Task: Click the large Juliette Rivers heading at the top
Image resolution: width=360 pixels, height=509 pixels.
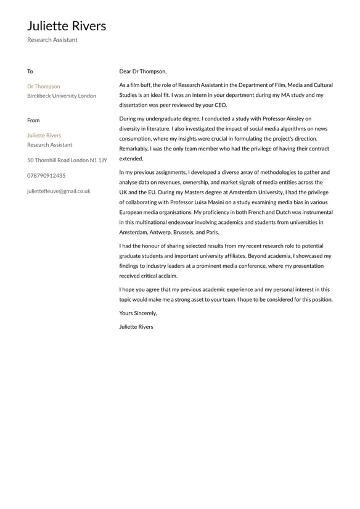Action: tap(67, 26)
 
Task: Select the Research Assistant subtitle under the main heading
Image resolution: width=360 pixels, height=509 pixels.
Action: tap(52, 40)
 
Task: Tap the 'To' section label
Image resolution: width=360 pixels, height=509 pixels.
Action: tap(30, 72)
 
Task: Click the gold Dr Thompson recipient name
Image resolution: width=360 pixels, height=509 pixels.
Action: tap(44, 86)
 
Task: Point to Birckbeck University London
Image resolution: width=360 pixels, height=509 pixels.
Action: tap(62, 96)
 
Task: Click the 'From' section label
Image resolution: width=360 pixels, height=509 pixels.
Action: tap(33, 120)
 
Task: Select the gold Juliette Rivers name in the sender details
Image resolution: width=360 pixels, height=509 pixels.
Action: tap(44, 135)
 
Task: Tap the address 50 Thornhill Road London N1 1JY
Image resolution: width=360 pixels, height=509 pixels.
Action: tap(67, 160)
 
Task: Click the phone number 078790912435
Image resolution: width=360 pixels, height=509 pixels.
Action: tap(46, 176)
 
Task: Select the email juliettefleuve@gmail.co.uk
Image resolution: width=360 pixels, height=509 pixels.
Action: tap(59, 191)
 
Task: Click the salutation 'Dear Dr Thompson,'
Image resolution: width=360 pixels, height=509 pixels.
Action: tap(143, 72)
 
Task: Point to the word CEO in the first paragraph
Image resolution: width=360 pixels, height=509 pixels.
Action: tap(220, 105)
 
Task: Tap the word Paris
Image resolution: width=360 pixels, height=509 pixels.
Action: tap(211, 233)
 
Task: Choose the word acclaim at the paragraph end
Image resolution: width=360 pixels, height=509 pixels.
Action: tap(167, 276)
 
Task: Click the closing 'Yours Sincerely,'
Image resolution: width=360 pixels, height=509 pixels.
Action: tap(138, 313)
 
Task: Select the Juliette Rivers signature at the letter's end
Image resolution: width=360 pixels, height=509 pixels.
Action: tap(136, 326)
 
